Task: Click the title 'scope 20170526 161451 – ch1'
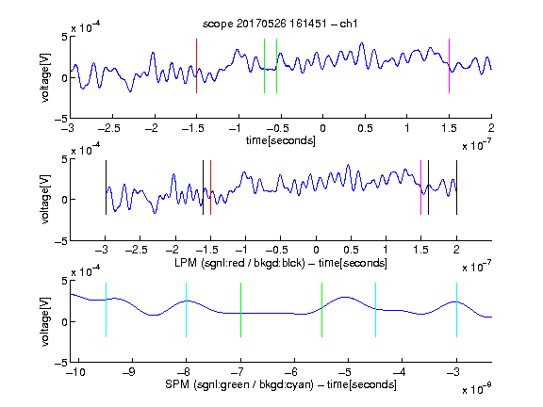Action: pyautogui.click(x=280, y=24)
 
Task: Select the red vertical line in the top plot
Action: pyautogui.click(x=197, y=66)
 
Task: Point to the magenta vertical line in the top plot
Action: pyautogui.click(x=449, y=66)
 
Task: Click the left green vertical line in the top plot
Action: pyautogui.click(x=264, y=66)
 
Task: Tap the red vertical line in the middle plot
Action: pyautogui.click(x=210, y=187)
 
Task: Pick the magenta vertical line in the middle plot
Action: pyautogui.click(x=420, y=187)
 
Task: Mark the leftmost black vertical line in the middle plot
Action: pyautogui.click(x=106, y=187)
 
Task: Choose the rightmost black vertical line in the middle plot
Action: pyautogui.click(x=456, y=187)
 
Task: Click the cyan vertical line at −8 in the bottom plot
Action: pyautogui.click(x=187, y=310)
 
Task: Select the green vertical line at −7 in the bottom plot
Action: pyautogui.click(x=240, y=310)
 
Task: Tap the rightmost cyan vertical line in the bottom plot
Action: pyautogui.click(x=456, y=310)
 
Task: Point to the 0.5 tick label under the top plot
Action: pyautogui.click(x=365, y=128)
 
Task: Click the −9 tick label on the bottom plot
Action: pyautogui.click(x=129, y=372)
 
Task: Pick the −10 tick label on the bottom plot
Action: pyautogui.click(x=75, y=372)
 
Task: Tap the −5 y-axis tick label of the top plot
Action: pyautogui.click(x=61, y=119)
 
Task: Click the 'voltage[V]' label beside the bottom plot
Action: pyautogui.click(x=45, y=321)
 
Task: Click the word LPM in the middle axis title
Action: pyautogui.click(x=186, y=263)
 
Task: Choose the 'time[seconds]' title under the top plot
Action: pyautogui.click(x=281, y=141)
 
